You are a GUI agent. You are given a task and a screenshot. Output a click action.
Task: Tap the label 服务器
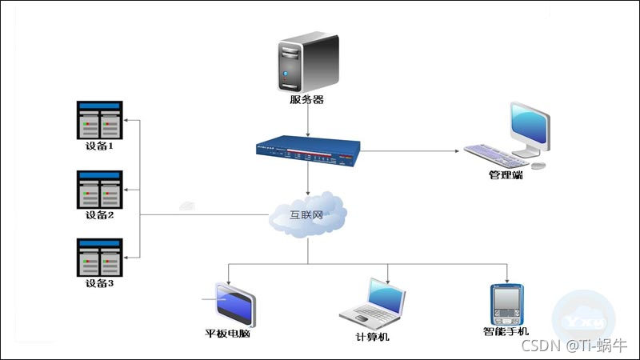306,100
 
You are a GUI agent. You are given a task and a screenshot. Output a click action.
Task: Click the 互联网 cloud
308,214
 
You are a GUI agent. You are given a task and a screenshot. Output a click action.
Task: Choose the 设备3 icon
100,257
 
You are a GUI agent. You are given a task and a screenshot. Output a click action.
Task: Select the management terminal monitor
529,128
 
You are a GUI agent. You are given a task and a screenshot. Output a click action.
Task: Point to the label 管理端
506,174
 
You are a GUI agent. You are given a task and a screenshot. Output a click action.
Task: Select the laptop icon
374,306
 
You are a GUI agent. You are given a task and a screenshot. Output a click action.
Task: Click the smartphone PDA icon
506,303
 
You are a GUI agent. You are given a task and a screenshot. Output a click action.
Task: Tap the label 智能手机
506,331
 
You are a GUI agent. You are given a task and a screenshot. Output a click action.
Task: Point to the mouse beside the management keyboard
539,165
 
